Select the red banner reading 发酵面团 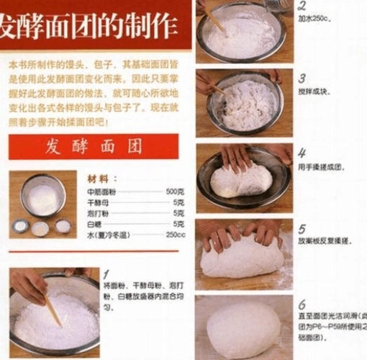[93, 146]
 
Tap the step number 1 [107, 274]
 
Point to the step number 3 [302, 78]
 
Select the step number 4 [302, 153]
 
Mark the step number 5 [302, 228]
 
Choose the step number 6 [302, 304]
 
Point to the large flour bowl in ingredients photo [42, 195]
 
